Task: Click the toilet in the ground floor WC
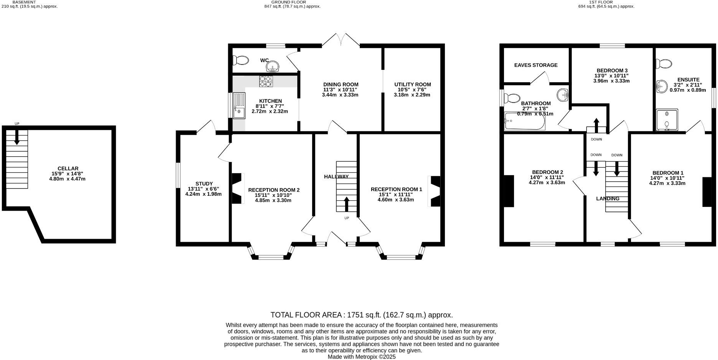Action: pyautogui.click(x=241, y=60)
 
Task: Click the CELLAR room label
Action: pyautogui.click(x=68, y=168)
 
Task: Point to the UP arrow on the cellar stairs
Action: pyautogui.click(x=16, y=137)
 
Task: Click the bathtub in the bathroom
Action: pyautogui.click(x=524, y=121)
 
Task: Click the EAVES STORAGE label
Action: pyautogui.click(x=535, y=65)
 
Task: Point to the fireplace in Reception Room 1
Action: pyautogui.click(x=435, y=191)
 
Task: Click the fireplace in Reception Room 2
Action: pyautogui.click(x=238, y=188)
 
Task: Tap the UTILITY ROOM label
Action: pyautogui.click(x=412, y=84)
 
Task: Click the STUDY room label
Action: pyautogui.click(x=204, y=184)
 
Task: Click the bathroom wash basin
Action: pyautogui.click(x=563, y=95)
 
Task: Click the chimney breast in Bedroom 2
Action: pyautogui.click(x=509, y=191)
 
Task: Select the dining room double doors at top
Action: pyautogui.click(x=341, y=40)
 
